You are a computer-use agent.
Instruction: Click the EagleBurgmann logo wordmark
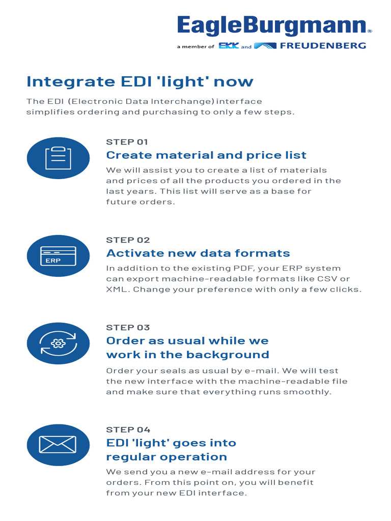click(x=272, y=26)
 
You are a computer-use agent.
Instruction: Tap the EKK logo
click(x=229, y=46)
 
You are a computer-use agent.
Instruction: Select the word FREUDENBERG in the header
click(x=323, y=46)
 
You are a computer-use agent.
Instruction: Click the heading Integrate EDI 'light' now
click(x=139, y=82)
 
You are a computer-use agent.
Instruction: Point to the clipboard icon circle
click(x=58, y=158)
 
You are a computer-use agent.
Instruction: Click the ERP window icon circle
click(x=58, y=256)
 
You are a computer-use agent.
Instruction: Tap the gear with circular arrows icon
click(x=58, y=343)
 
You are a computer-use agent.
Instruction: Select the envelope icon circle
click(x=58, y=445)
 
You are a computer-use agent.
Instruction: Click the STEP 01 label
click(x=127, y=142)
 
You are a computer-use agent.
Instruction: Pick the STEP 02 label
click(x=128, y=240)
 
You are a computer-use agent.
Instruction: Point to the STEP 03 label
click(x=128, y=328)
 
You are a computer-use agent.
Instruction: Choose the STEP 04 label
click(x=128, y=429)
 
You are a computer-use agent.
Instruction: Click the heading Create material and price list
click(x=206, y=155)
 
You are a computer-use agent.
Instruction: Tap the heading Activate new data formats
click(x=198, y=253)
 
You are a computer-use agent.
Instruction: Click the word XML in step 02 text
click(x=115, y=290)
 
